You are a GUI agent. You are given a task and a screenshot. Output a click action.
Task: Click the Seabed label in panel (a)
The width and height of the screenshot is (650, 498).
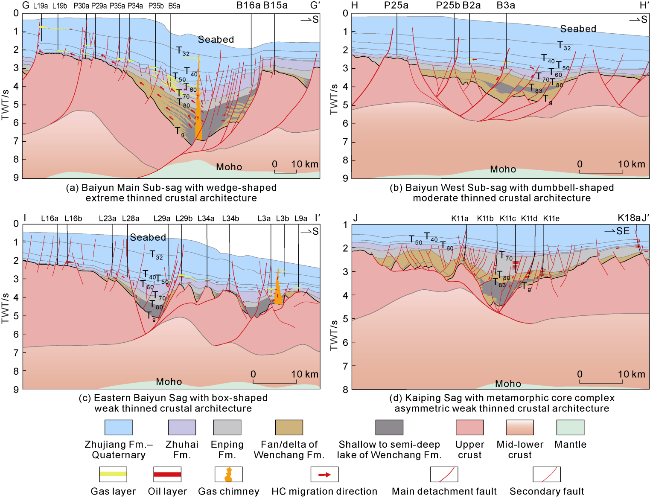pyautogui.click(x=214, y=38)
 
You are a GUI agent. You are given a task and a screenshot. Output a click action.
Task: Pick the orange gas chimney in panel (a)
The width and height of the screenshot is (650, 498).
pyautogui.click(x=198, y=100)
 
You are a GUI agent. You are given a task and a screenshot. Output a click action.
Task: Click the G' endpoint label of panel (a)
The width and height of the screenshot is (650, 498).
pyautogui.click(x=312, y=6)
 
